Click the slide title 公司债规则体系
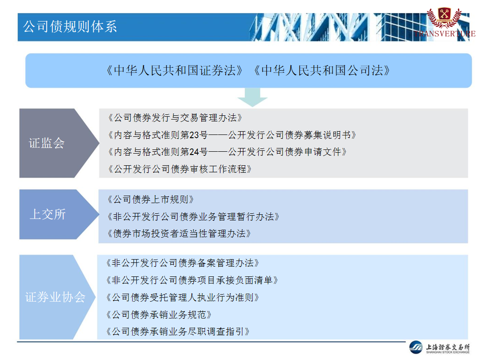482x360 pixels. [70, 27]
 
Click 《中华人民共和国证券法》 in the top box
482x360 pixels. [174, 71]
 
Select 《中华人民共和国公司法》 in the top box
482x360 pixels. [322, 71]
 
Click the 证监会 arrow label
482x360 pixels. [47, 143]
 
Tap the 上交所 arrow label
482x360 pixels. [48, 214]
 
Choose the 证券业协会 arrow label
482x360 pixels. [55, 297]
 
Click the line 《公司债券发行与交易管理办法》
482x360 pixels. [175, 118]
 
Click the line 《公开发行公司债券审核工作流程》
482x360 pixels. [180, 169]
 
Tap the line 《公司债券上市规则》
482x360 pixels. [150, 199]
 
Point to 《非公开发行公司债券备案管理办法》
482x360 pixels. [183, 263]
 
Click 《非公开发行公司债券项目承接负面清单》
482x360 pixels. [192, 280]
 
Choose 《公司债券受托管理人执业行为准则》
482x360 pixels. [183, 297]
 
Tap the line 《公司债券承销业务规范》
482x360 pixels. [159, 315]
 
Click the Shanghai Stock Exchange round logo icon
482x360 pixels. [416, 347]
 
